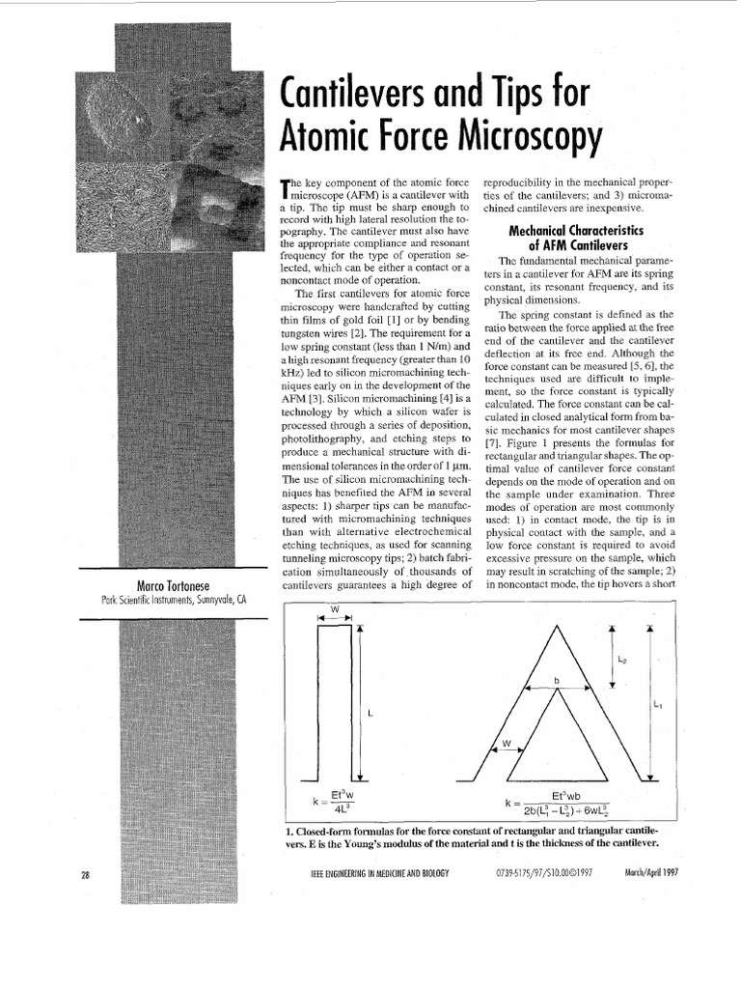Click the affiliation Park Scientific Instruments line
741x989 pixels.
click(x=174, y=600)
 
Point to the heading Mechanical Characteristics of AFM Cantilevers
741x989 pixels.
click(x=563, y=238)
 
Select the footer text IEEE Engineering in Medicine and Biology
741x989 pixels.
click(x=375, y=874)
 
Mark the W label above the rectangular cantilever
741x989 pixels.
click(x=334, y=608)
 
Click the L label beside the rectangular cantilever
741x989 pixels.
click(x=369, y=713)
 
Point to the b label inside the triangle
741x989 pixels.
click(x=557, y=680)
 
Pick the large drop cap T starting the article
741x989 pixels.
click(x=284, y=191)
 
